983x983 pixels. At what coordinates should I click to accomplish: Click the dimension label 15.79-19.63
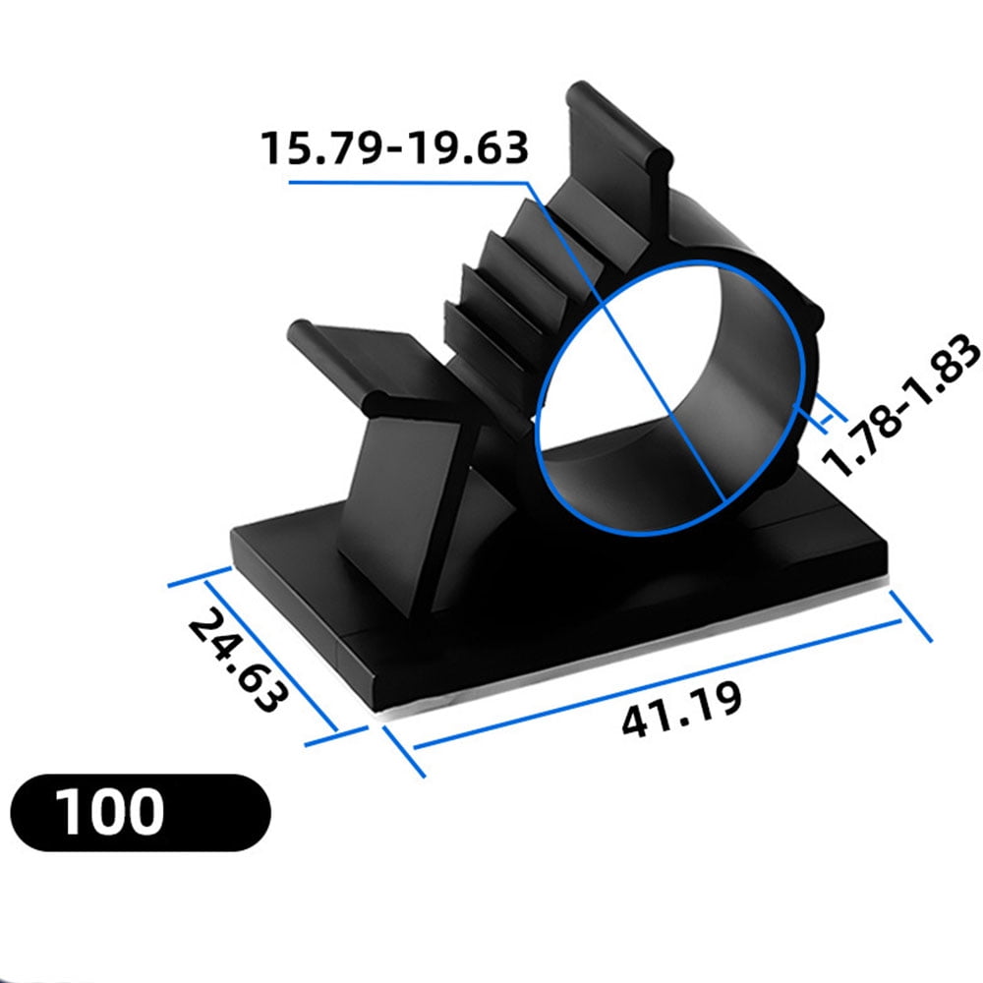point(394,147)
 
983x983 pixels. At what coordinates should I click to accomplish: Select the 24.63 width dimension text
point(239,661)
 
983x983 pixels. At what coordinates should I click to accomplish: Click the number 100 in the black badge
point(109,812)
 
